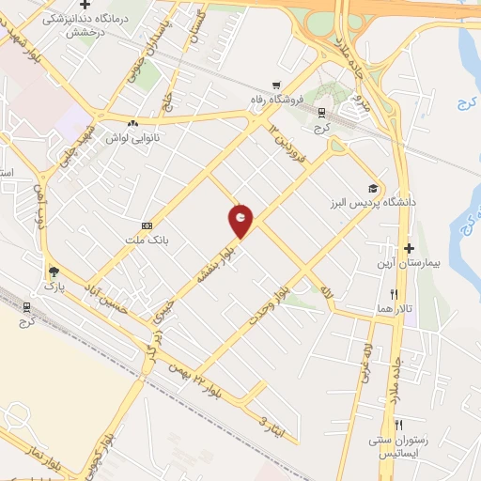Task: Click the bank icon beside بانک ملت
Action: (x=146, y=225)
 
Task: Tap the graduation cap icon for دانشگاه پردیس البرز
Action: (x=373, y=188)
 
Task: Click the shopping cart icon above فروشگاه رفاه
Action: (x=276, y=85)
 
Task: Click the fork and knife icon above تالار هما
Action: (x=406, y=293)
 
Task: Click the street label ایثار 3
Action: (x=270, y=425)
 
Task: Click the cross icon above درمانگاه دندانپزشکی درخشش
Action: (x=85, y=6)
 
